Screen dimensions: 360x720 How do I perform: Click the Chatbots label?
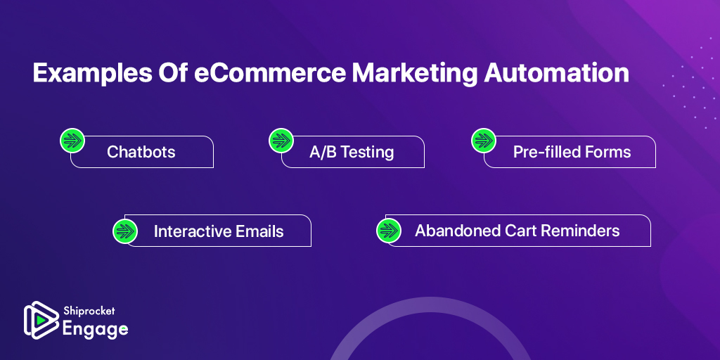pos(141,152)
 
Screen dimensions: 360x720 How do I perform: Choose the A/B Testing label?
pos(352,152)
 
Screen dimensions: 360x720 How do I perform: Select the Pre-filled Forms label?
pos(572,152)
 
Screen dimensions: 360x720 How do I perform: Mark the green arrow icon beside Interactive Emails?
pos(125,231)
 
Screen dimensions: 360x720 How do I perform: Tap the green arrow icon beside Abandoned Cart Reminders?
pos(388,231)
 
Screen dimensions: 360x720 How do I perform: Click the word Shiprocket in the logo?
pos(89,311)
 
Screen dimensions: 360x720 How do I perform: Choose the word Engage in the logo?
pos(96,328)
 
